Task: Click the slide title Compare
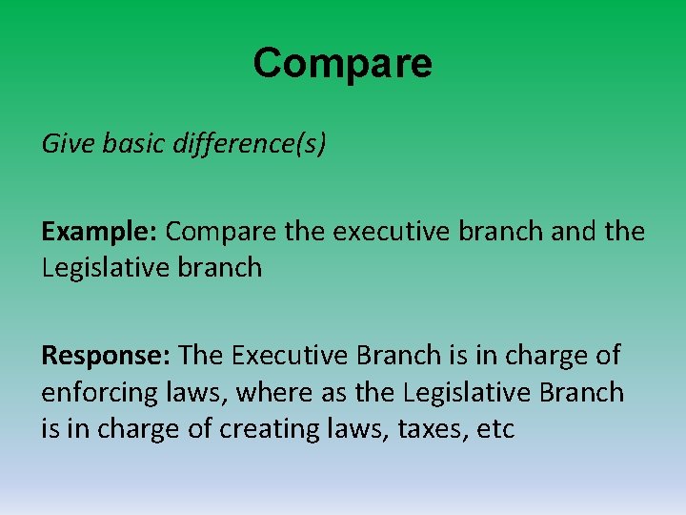pos(342,64)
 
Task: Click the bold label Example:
pos(100,232)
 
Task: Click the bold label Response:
pos(106,356)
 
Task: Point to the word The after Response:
pos(200,356)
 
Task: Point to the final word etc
pos(494,429)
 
